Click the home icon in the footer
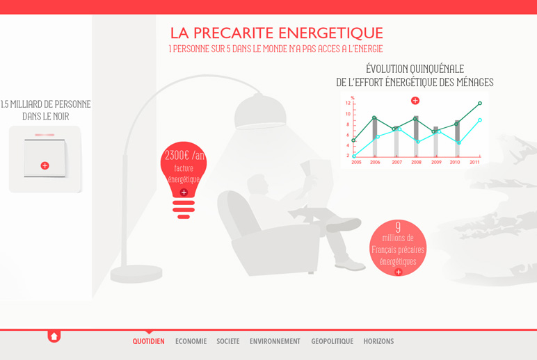click(x=54, y=336)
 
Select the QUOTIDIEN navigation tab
click(x=149, y=341)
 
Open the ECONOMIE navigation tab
click(x=191, y=341)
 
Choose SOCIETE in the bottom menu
click(x=228, y=341)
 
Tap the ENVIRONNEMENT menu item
click(x=275, y=341)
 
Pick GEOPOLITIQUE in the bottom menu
click(x=332, y=341)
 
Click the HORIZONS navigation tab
click(x=379, y=341)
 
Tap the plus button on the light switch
click(x=45, y=165)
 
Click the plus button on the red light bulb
click(x=184, y=193)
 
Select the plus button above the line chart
click(x=415, y=101)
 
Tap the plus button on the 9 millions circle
click(x=399, y=272)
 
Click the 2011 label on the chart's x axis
click(x=474, y=162)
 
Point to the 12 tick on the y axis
click(x=348, y=103)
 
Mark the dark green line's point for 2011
click(x=480, y=103)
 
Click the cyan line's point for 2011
click(x=480, y=120)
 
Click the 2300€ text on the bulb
click(x=177, y=156)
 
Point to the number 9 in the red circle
click(x=398, y=227)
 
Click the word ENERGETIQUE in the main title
click(x=330, y=33)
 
